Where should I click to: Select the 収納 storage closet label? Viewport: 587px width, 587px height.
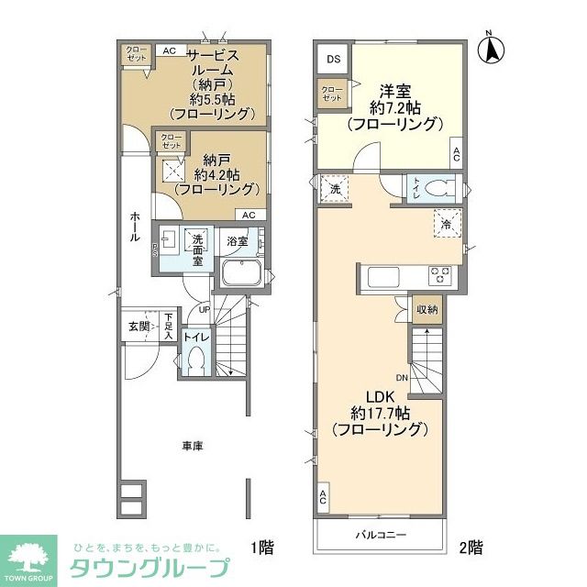coord(426,310)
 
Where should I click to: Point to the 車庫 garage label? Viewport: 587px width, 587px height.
coord(192,446)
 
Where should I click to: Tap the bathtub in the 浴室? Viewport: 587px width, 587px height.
coord(243,273)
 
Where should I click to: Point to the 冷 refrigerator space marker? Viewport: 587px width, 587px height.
coord(447,224)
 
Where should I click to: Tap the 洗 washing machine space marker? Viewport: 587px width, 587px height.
coord(335,188)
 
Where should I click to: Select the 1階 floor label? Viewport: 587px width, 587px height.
coord(261,548)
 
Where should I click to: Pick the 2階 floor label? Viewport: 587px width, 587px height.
coord(471,548)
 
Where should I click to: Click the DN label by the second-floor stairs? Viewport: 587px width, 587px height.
coord(402,377)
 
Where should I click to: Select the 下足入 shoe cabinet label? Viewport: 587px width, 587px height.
coord(169,325)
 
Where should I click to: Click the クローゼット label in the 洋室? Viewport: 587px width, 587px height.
coord(331,92)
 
